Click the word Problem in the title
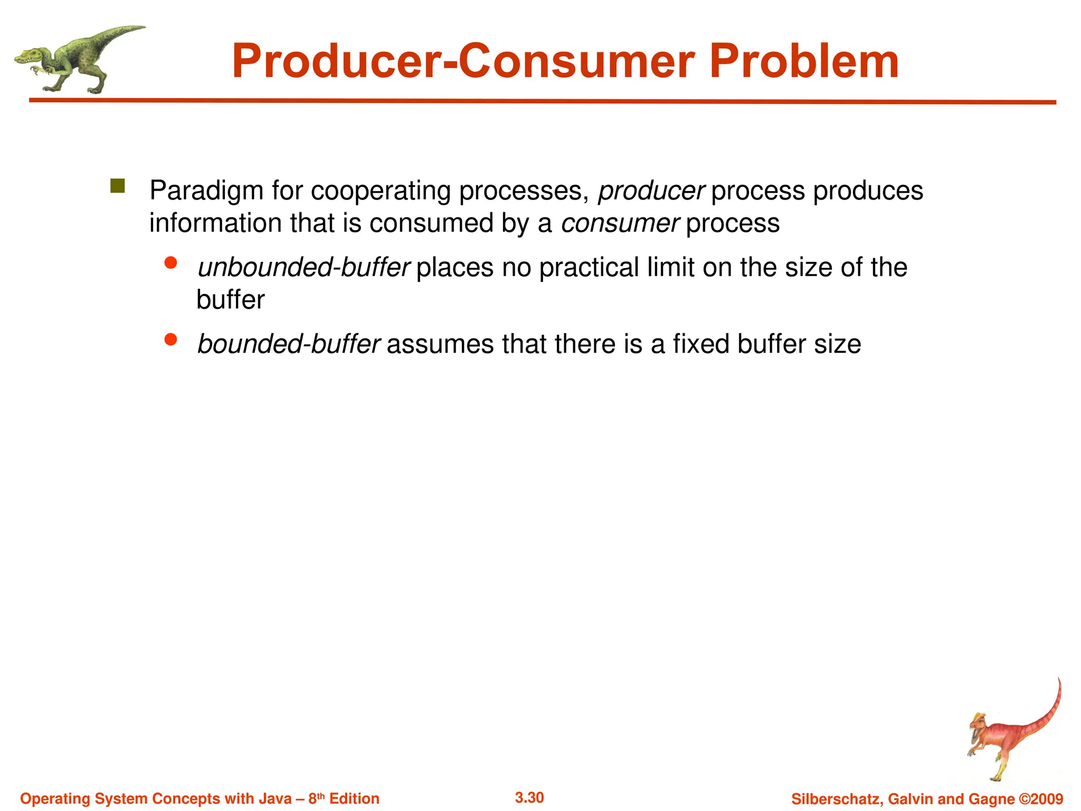pos(803,62)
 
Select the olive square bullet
pos(117,186)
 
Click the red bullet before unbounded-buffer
pos(170,263)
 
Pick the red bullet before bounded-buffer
pos(170,340)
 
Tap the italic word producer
pos(651,191)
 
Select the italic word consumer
pos(620,223)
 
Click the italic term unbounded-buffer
pos(304,268)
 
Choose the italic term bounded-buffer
pos(289,344)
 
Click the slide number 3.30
pos(529,797)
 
